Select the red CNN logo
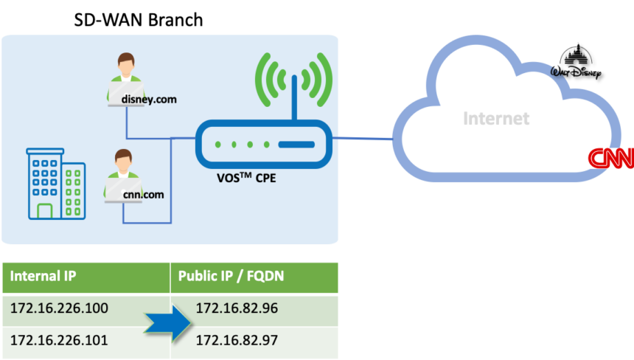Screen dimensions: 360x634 [610, 159]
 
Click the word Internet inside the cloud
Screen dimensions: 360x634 [496, 118]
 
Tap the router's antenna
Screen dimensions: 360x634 [293, 94]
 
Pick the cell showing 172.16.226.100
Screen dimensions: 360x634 [60, 308]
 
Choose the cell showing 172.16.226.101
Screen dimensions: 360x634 [60, 340]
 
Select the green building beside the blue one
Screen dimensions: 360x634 [74, 191]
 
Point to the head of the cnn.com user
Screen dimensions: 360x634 [122, 158]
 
